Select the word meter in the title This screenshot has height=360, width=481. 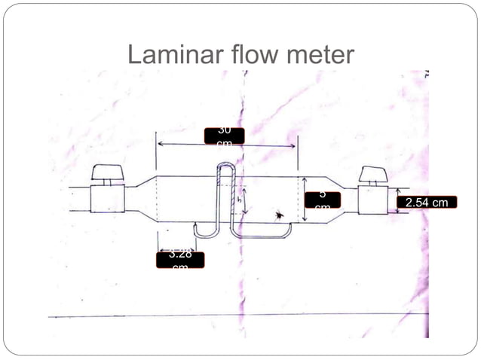click(x=317, y=55)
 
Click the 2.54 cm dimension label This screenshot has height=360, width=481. click(x=427, y=202)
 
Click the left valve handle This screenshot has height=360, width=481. click(x=106, y=172)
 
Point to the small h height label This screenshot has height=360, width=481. click(x=239, y=201)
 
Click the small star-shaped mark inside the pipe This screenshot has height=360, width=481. click(x=280, y=215)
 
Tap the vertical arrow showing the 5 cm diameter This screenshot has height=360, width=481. click(x=302, y=200)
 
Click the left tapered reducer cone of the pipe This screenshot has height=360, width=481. click(x=137, y=200)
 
